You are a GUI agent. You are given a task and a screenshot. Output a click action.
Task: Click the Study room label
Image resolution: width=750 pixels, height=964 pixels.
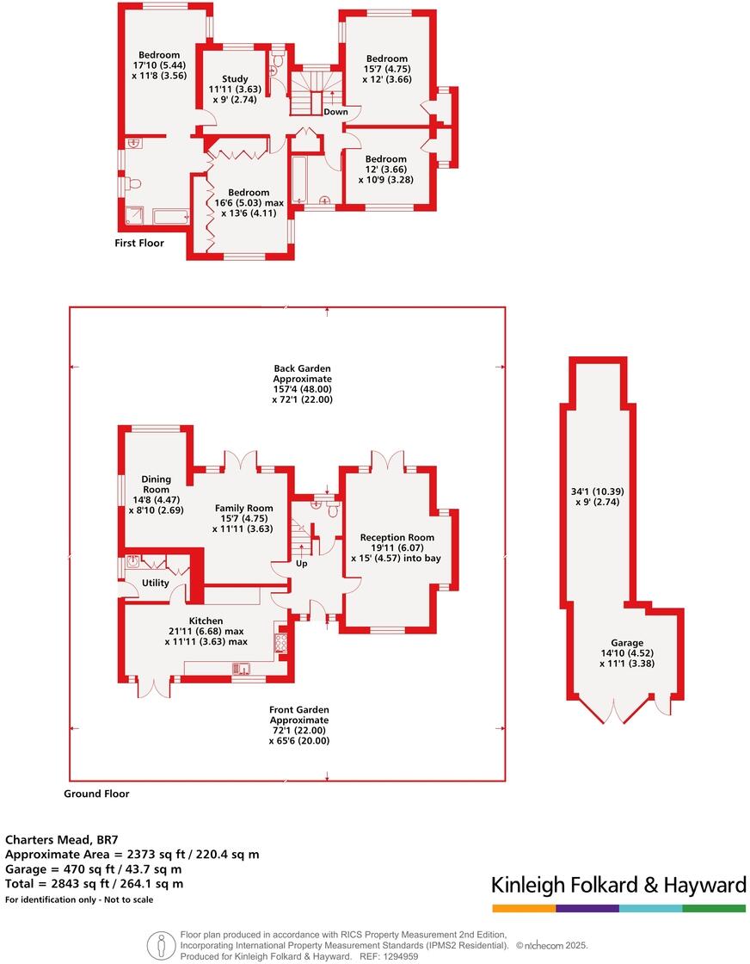pyautogui.click(x=234, y=78)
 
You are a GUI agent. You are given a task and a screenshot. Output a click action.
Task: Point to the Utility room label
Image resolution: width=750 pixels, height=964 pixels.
pyautogui.click(x=156, y=583)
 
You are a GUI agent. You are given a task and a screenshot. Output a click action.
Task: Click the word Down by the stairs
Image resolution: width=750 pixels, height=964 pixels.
pyautogui.click(x=335, y=112)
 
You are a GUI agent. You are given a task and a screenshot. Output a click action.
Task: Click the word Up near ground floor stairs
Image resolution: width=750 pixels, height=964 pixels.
pyautogui.click(x=301, y=564)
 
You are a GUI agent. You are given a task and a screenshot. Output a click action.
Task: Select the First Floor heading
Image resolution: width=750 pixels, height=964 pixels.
pyautogui.click(x=138, y=244)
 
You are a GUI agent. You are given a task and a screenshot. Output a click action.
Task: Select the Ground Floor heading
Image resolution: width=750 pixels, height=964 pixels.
pyautogui.click(x=96, y=794)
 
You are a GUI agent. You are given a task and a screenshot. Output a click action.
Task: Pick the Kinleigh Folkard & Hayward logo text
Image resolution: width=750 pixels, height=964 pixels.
pyautogui.click(x=618, y=885)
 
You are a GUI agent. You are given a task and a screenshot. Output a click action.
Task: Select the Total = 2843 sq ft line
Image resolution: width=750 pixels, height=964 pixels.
pyautogui.click(x=95, y=883)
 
